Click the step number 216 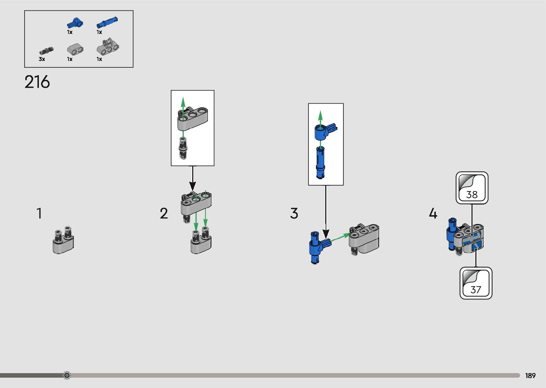click(x=37, y=82)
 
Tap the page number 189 click(x=530, y=376)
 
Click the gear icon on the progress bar click(x=67, y=375)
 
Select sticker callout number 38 click(x=472, y=188)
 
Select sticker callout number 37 click(x=476, y=283)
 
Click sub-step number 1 click(x=39, y=213)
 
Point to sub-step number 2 click(x=164, y=213)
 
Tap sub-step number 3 click(x=294, y=213)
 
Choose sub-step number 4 click(x=433, y=213)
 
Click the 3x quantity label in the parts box click(x=42, y=59)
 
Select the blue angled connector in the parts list click(x=75, y=23)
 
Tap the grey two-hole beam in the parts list click(x=75, y=49)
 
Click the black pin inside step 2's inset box click(x=183, y=148)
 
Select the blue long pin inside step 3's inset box click(x=320, y=162)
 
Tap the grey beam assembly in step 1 click(x=63, y=240)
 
